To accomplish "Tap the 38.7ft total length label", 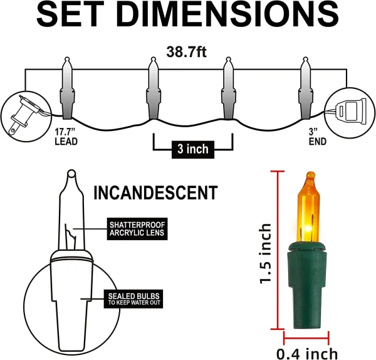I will tap(186, 52).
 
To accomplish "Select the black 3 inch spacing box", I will tap(192, 149).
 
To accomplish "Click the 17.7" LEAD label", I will tap(65, 137).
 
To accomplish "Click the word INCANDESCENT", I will tap(155, 193).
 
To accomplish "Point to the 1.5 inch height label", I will tap(266, 253).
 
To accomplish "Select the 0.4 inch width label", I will tap(306, 353).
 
